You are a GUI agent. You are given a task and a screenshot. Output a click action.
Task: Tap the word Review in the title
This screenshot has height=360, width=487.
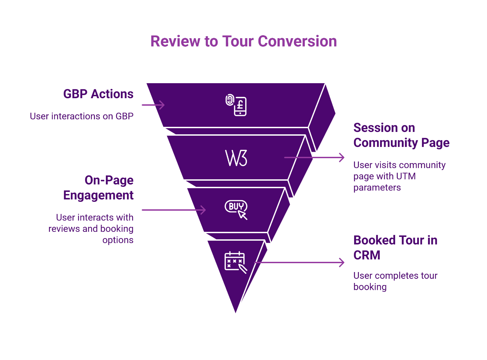tap(175, 41)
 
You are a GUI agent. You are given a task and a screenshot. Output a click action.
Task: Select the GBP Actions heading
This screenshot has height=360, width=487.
tap(98, 94)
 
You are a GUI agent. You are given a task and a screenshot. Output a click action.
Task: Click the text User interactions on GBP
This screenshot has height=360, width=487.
tap(81, 116)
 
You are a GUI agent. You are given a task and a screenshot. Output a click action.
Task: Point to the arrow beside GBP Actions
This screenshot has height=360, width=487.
tap(153, 105)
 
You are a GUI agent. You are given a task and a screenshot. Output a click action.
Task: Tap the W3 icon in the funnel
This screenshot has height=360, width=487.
tap(236, 158)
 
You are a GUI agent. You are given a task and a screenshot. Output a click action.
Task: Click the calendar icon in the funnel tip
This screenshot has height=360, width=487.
tap(235, 262)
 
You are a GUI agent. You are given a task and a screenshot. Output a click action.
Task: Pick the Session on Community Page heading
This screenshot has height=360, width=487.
tap(401, 135)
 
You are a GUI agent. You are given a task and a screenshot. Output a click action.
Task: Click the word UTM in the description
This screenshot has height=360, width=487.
tap(406, 176)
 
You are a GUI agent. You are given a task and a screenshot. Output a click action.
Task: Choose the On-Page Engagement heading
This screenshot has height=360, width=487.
tap(98, 187)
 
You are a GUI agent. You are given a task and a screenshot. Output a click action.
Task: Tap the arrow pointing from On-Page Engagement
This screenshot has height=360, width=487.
tap(174, 210)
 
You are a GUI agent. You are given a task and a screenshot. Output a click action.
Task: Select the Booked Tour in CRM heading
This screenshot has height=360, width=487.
tap(395, 247)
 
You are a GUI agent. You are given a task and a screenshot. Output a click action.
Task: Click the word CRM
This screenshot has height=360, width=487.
tap(367, 255)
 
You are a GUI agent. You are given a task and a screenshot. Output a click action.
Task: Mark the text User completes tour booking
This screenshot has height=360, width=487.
tap(395, 281)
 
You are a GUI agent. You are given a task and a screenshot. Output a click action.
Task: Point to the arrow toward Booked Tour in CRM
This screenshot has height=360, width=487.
tap(300, 262)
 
